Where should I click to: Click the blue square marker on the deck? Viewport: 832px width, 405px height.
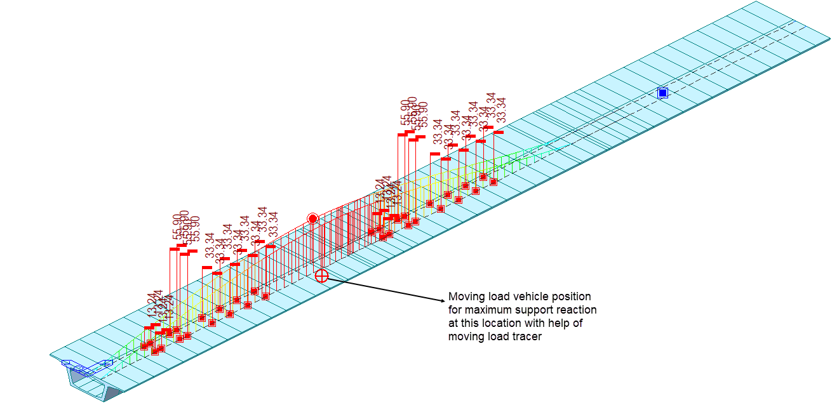662,93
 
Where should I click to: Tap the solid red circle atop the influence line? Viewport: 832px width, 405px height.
312,218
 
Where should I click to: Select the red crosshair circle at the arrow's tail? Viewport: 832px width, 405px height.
322,276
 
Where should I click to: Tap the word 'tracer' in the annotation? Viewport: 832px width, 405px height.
527,336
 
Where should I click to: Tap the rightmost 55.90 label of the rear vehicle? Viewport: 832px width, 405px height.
424,114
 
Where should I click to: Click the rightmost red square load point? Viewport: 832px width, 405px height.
493,182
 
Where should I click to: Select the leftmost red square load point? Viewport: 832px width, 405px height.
145,346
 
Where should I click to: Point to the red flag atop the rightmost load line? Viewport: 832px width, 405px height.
499,132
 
